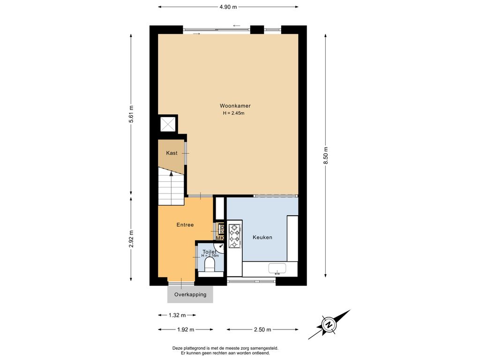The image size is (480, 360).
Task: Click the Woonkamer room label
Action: coord(235,106)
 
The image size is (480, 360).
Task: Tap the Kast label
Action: coord(172,153)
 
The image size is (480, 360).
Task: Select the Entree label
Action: coord(185,225)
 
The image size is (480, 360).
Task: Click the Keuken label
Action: coord(262,237)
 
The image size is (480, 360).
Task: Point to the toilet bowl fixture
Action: coord(210,264)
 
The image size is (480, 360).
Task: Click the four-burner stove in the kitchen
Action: coord(235,236)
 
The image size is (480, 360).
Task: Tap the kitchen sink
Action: coord(277,269)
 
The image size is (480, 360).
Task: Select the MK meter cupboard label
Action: coord(220,238)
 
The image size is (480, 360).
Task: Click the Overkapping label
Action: coord(190,294)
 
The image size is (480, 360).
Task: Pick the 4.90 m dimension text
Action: coord(228,7)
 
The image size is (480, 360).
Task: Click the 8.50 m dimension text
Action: coord(326,155)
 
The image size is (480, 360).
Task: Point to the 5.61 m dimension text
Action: coord(131,114)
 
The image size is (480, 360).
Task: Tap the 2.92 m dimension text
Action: coord(131,239)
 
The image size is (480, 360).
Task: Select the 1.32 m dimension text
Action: coord(177,315)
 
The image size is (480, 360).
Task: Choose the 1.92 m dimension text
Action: coord(186,330)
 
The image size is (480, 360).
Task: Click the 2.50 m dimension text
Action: coord(262,330)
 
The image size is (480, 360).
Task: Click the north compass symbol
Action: coord(329,324)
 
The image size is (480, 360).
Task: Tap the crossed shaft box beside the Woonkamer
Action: coord(168,124)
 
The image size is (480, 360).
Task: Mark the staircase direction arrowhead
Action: coord(171,173)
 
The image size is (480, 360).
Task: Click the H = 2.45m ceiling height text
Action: coord(233,113)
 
